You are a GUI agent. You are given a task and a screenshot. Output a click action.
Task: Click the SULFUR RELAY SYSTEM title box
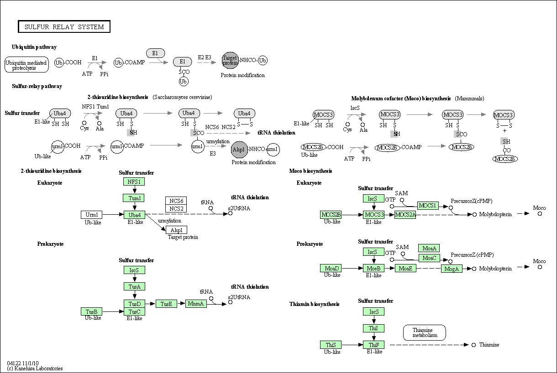[x=64, y=27]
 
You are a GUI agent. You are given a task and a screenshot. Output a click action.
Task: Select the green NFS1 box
[x=134, y=181]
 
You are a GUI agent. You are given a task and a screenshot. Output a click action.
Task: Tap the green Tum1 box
[x=134, y=198]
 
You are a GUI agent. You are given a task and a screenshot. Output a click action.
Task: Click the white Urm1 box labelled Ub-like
[x=91, y=214]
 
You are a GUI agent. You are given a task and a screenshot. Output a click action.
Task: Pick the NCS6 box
[x=176, y=201]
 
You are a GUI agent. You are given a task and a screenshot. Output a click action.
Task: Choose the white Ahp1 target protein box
[x=176, y=230]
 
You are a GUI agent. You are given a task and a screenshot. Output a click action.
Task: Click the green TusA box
[x=134, y=286]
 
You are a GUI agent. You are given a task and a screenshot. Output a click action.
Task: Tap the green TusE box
[x=166, y=304]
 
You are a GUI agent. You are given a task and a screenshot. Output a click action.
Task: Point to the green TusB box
[x=91, y=311]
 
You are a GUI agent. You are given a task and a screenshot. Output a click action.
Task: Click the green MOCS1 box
[x=428, y=206]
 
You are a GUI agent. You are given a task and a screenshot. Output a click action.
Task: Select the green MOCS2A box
[x=405, y=214]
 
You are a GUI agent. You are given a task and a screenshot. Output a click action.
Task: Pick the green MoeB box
[x=373, y=268]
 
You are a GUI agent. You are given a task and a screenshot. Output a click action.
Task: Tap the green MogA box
[x=452, y=269]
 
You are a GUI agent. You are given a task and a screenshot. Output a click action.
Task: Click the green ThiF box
[x=373, y=345]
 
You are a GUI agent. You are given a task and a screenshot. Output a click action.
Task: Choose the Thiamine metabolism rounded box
[x=425, y=332]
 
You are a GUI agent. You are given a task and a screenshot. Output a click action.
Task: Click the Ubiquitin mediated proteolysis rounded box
[x=27, y=65]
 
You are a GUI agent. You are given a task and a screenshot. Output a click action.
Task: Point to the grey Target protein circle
[x=230, y=60]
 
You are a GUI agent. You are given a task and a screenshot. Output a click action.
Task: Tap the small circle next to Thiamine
[x=474, y=345]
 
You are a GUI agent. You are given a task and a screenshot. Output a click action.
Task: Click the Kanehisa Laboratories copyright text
[x=35, y=368]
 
